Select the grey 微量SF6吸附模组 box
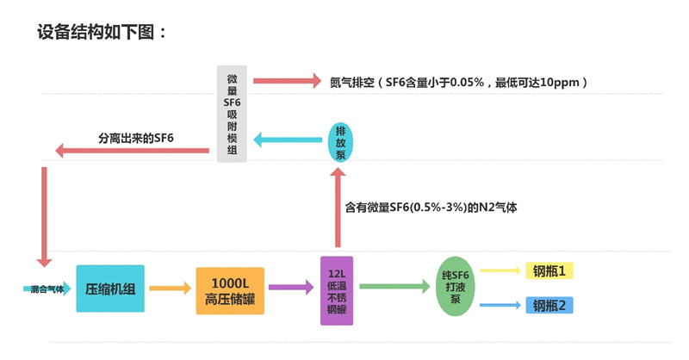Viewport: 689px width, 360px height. coord(231,114)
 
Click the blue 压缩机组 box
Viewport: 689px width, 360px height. coord(111,289)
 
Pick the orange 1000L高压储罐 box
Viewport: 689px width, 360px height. coord(230,290)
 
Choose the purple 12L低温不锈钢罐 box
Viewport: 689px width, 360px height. coord(336,290)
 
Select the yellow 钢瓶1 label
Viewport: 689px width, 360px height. coord(549,271)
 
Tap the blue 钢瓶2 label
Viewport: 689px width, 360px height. coord(549,305)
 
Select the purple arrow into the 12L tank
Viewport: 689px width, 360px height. coord(291,289)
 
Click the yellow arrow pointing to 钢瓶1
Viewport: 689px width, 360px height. coord(500,270)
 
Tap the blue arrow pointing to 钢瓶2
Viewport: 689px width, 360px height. coord(500,305)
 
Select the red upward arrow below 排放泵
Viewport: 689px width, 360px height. coord(338,212)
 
